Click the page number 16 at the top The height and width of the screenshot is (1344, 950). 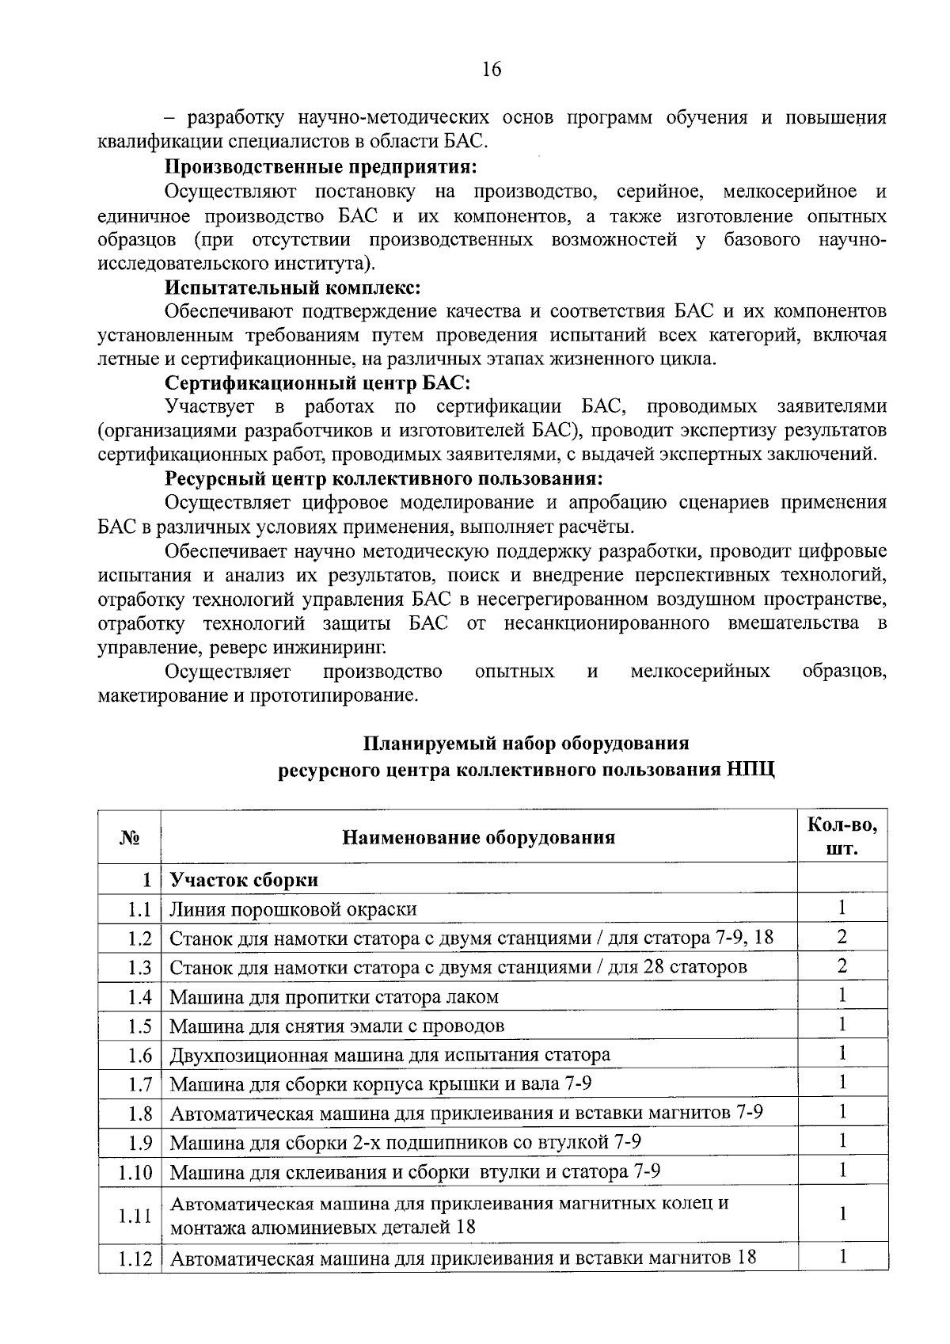coord(491,70)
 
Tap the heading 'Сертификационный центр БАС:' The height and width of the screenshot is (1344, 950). coord(318,383)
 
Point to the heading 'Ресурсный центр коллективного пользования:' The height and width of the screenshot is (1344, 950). coord(384,479)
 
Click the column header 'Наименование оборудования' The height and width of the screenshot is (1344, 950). coord(478,837)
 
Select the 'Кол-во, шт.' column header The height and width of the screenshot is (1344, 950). coord(842,837)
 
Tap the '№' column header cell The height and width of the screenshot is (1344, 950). coord(130,837)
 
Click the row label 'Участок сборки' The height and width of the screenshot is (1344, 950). coord(245,880)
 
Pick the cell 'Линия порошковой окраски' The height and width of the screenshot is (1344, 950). coord(294,909)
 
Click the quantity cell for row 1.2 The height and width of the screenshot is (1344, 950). coord(842,938)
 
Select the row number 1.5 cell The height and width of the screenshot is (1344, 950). coord(139,1026)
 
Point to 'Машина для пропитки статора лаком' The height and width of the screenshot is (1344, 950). coord(334,997)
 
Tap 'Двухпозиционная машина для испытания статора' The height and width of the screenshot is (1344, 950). coord(390,1055)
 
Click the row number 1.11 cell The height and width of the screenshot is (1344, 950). coord(135,1216)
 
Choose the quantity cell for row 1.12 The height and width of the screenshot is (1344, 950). coord(842,1257)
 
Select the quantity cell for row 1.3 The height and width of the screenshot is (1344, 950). coord(842,967)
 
